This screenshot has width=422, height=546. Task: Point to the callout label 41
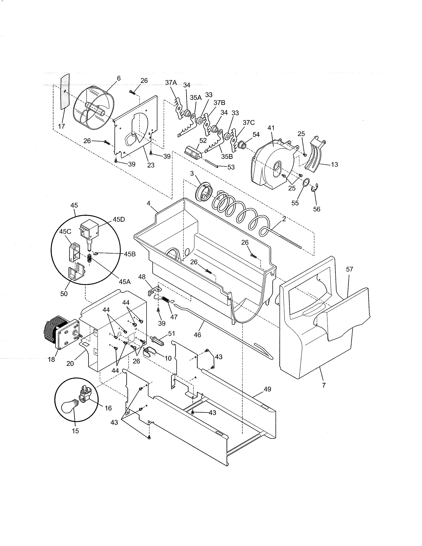pos(271,128)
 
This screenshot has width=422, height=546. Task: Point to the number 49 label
pos(267,389)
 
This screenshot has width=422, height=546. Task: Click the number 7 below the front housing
pos(324,386)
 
